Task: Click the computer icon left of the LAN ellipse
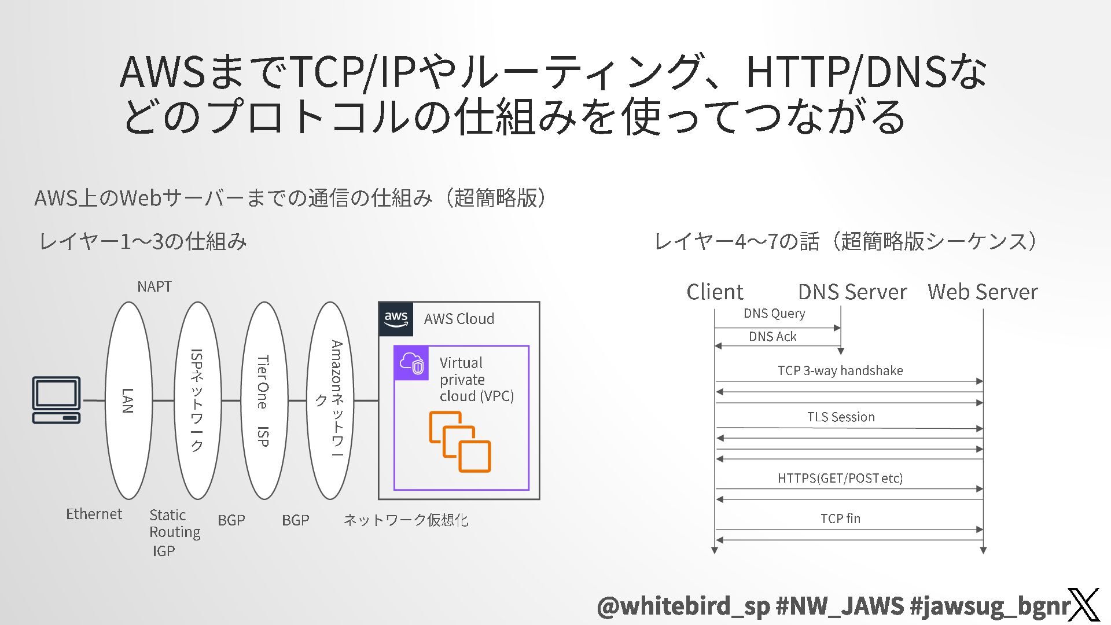[x=56, y=400]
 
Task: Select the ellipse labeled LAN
[x=128, y=400]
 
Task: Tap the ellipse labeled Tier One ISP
[x=264, y=400]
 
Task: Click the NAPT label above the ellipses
[x=154, y=286]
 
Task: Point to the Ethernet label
[x=94, y=514]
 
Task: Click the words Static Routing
[x=175, y=523]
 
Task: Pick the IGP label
[x=164, y=551]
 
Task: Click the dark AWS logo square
[x=396, y=319]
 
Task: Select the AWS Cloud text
[x=459, y=319]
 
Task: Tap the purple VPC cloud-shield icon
[x=411, y=363]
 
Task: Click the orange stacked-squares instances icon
[x=460, y=442]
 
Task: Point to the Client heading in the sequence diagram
[x=715, y=292]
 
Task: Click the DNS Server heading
[x=852, y=292]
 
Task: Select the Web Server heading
[x=983, y=292]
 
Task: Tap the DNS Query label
[x=774, y=313]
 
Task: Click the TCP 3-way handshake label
[x=840, y=370]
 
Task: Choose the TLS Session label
[x=841, y=417]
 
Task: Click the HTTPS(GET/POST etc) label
[x=840, y=478]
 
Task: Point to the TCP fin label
[x=840, y=519]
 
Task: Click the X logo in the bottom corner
[x=1083, y=605]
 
